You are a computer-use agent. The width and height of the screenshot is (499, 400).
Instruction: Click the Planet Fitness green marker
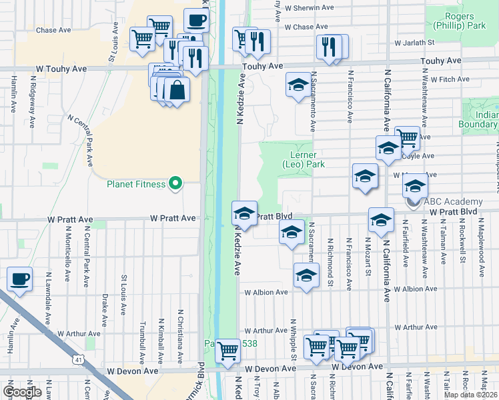tap(176, 183)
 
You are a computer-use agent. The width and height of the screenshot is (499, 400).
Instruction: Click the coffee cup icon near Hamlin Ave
tap(19, 278)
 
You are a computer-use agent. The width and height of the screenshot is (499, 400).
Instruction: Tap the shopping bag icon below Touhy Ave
tap(177, 89)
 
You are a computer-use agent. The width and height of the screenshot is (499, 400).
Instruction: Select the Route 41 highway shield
tap(79, 360)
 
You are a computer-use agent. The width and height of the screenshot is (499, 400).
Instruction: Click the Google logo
tap(22, 391)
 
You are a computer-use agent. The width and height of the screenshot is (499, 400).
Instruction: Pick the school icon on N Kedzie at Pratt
tap(244, 213)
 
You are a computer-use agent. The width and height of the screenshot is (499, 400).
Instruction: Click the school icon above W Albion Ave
tap(306, 275)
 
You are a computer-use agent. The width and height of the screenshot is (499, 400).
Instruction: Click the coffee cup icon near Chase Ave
tap(195, 20)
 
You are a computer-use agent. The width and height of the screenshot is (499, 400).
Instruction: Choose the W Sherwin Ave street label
tap(308, 7)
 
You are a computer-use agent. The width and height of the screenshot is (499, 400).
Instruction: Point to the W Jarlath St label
tap(414, 42)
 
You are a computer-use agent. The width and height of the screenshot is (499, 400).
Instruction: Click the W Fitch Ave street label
tap(450, 79)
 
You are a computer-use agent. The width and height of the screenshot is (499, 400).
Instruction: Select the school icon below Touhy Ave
tap(298, 85)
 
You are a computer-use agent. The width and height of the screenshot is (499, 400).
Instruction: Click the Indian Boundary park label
tap(478, 119)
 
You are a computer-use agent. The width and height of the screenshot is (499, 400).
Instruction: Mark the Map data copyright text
tap(472, 395)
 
